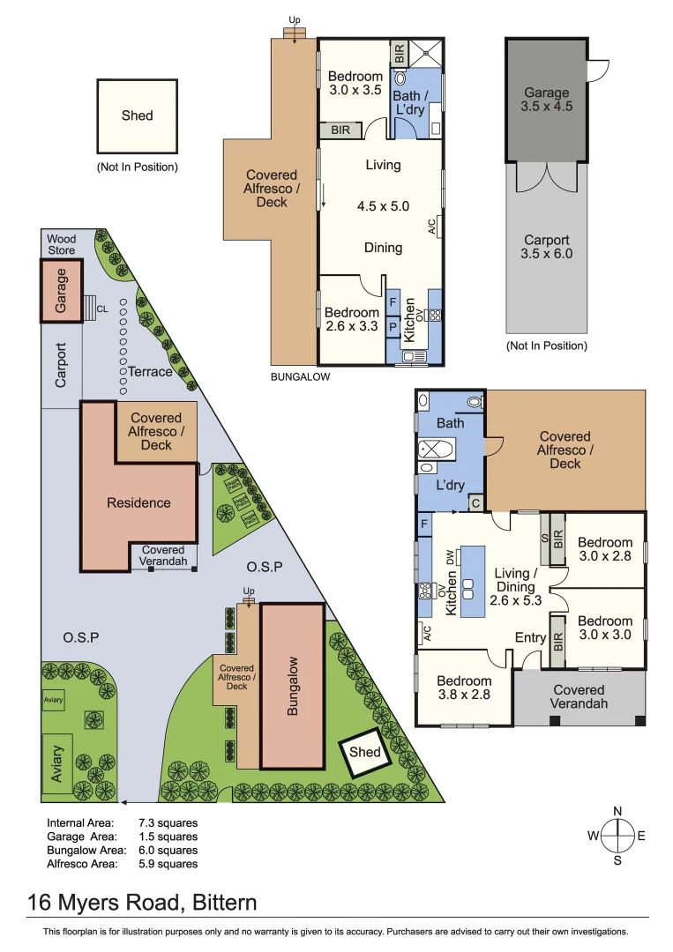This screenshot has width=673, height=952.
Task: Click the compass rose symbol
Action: tap(617, 835)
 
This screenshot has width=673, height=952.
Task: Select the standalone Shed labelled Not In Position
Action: tap(137, 115)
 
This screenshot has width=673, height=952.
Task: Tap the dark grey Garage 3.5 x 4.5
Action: tap(547, 100)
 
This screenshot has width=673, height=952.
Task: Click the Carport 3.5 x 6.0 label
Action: tap(547, 247)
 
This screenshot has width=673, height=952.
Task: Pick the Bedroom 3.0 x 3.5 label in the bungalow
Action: tap(355, 83)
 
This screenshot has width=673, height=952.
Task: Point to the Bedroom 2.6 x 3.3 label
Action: tap(353, 319)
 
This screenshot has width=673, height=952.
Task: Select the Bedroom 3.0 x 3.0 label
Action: tap(605, 628)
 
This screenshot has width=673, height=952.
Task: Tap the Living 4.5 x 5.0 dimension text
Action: tap(383, 206)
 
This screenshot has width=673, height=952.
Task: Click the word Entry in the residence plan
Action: tap(531, 636)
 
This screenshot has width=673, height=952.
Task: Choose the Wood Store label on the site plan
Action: tap(62, 244)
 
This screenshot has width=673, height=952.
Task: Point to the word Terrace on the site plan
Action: tap(150, 371)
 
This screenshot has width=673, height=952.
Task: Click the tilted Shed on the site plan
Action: tap(365, 752)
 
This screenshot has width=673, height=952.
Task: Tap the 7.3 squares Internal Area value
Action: tap(168, 822)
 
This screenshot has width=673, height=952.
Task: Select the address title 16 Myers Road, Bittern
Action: tap(142, 903)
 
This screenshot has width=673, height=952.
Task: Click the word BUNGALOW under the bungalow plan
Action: tap(301, 376)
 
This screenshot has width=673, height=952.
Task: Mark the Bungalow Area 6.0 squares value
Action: tap(168, 851)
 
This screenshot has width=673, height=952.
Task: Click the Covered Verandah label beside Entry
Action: tap(580, 696)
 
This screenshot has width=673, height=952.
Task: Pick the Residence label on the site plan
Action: tap(138, 502)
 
